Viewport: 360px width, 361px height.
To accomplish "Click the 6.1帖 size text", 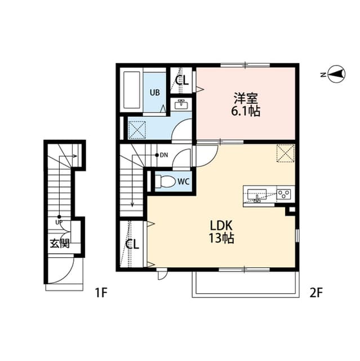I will (246, 111).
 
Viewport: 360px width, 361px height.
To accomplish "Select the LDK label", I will (221, 225).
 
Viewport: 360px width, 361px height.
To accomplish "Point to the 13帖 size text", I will (221, 239).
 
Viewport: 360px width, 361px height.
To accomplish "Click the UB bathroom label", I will (154, 93).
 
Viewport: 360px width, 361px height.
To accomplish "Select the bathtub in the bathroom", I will (132, 91).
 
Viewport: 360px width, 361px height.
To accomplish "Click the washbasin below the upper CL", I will (181, 104).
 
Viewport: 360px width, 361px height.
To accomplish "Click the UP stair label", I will (59, 222).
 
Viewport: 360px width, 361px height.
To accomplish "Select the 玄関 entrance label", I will (59, 244).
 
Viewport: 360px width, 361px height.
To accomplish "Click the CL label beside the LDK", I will (132, 244).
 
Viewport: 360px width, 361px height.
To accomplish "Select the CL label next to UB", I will (181, 80).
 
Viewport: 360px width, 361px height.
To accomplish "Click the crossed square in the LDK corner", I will (285, 153).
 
